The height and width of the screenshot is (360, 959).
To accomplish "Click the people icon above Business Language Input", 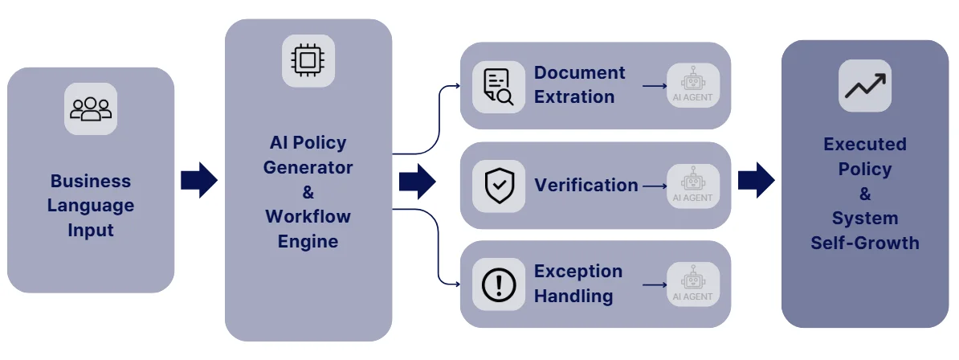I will (91, 108).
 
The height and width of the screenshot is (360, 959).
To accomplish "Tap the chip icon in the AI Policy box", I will (308, 60).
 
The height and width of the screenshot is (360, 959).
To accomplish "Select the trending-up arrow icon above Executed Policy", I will (865, 85).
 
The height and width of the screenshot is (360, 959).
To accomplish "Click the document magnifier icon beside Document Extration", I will (498, 86).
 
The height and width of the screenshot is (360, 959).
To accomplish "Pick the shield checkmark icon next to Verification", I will (498, 186).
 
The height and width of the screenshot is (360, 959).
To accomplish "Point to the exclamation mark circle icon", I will (498, 284).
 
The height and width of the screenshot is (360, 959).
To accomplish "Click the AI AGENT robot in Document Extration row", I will (692, 85).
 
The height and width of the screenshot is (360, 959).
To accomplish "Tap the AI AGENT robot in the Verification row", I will (692, 185).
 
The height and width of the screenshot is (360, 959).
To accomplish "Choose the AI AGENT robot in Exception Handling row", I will (692, 284).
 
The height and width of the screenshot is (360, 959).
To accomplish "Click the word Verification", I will (586, 185).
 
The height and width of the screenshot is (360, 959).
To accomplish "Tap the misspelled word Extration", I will (574, 97).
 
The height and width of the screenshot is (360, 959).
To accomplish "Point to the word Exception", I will (578, 271).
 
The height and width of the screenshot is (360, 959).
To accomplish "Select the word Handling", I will (573, 296).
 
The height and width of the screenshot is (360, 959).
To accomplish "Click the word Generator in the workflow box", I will (308, 167).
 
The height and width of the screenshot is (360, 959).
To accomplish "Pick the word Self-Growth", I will (864, 243).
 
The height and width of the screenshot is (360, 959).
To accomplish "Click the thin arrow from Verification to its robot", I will (654, 186).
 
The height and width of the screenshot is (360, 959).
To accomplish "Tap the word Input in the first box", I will (90, 230).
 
